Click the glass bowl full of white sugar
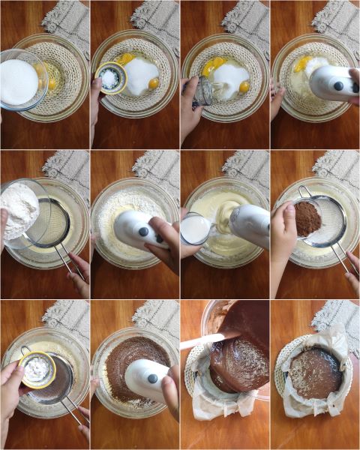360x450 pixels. point(19,81)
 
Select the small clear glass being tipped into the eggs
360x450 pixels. point(202,91)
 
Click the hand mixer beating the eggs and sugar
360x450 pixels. point(331,82)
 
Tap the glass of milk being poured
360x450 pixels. point(196,228)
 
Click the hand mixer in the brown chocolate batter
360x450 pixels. point(146,379)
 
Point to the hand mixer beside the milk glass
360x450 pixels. point(250,225)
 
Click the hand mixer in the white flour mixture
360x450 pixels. point(142,229)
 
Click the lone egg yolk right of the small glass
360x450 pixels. point(244,86)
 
